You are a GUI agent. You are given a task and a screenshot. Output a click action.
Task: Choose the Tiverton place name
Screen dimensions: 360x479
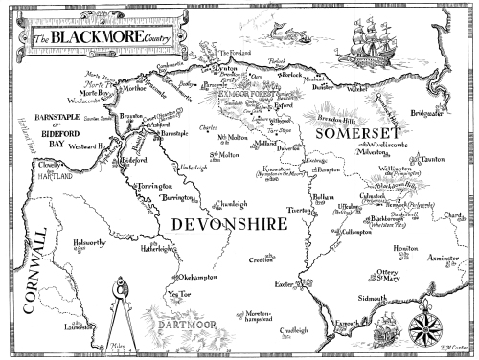coord(299,208)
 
